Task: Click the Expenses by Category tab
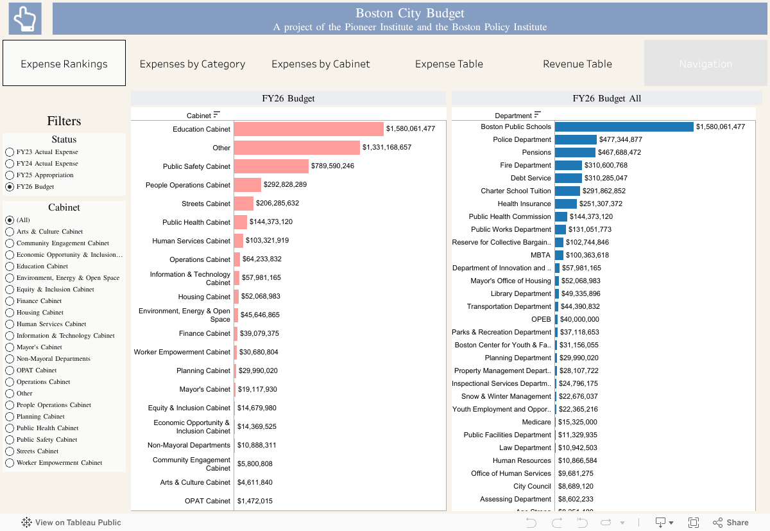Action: (193, 64)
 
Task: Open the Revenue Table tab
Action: (577, 64)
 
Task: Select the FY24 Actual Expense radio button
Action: (10, 164)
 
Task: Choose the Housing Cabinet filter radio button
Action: (10, 313)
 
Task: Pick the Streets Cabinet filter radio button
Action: (10, 451)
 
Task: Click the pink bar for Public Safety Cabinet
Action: (271, 166)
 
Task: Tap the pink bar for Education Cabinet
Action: (309, 129)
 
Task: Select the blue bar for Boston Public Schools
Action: (624, 127)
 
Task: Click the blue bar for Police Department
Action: (576, 140)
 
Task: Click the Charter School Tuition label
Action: (516, 191)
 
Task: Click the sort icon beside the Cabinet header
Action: (217, 115)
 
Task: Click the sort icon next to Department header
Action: (538, 115)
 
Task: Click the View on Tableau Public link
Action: (71, 523)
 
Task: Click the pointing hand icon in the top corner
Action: (25, 18)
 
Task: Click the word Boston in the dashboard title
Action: (374, 13)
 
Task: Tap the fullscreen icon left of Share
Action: (694, 523)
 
